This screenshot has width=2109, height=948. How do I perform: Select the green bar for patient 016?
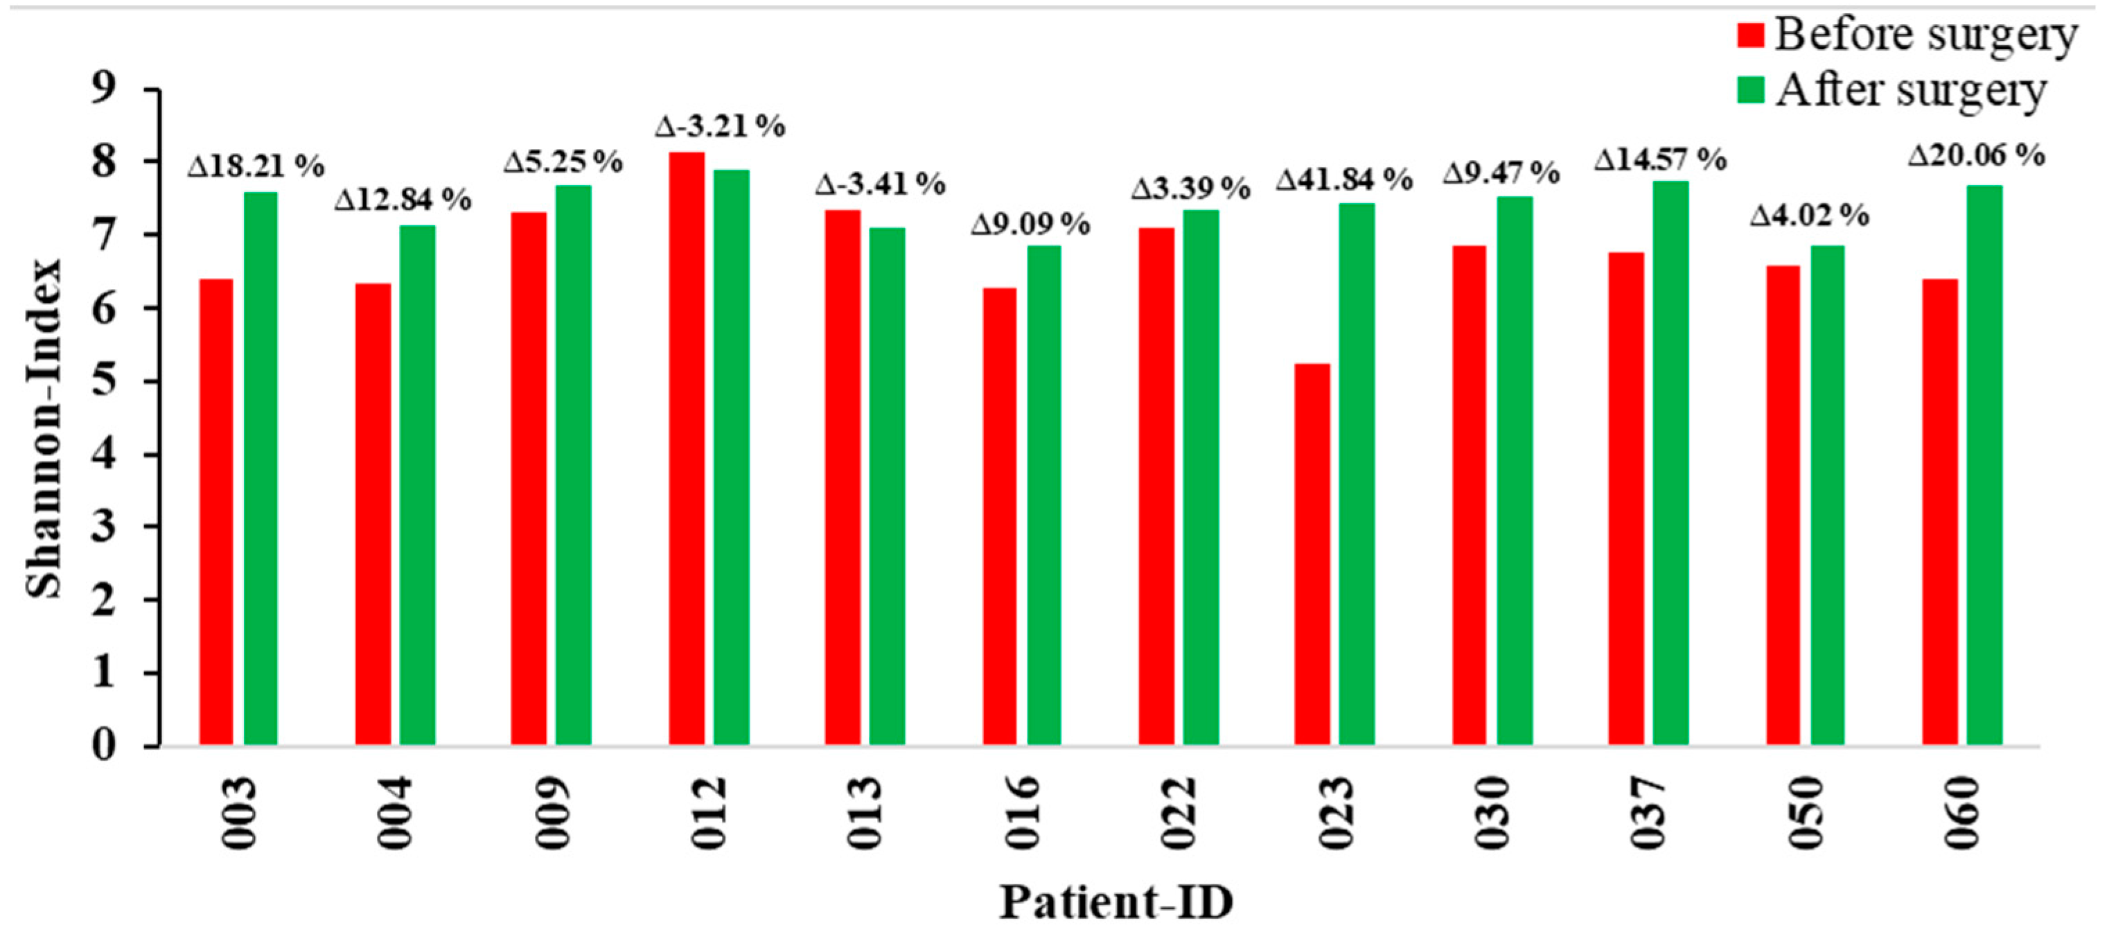pos(1044,495)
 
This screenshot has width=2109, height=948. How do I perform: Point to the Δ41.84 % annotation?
pos(1343,179)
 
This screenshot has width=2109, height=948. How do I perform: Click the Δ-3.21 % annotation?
pos(720,127)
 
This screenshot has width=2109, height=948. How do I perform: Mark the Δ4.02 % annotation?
pos(1810,216)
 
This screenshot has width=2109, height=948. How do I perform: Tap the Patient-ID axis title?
pos(1116,903)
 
